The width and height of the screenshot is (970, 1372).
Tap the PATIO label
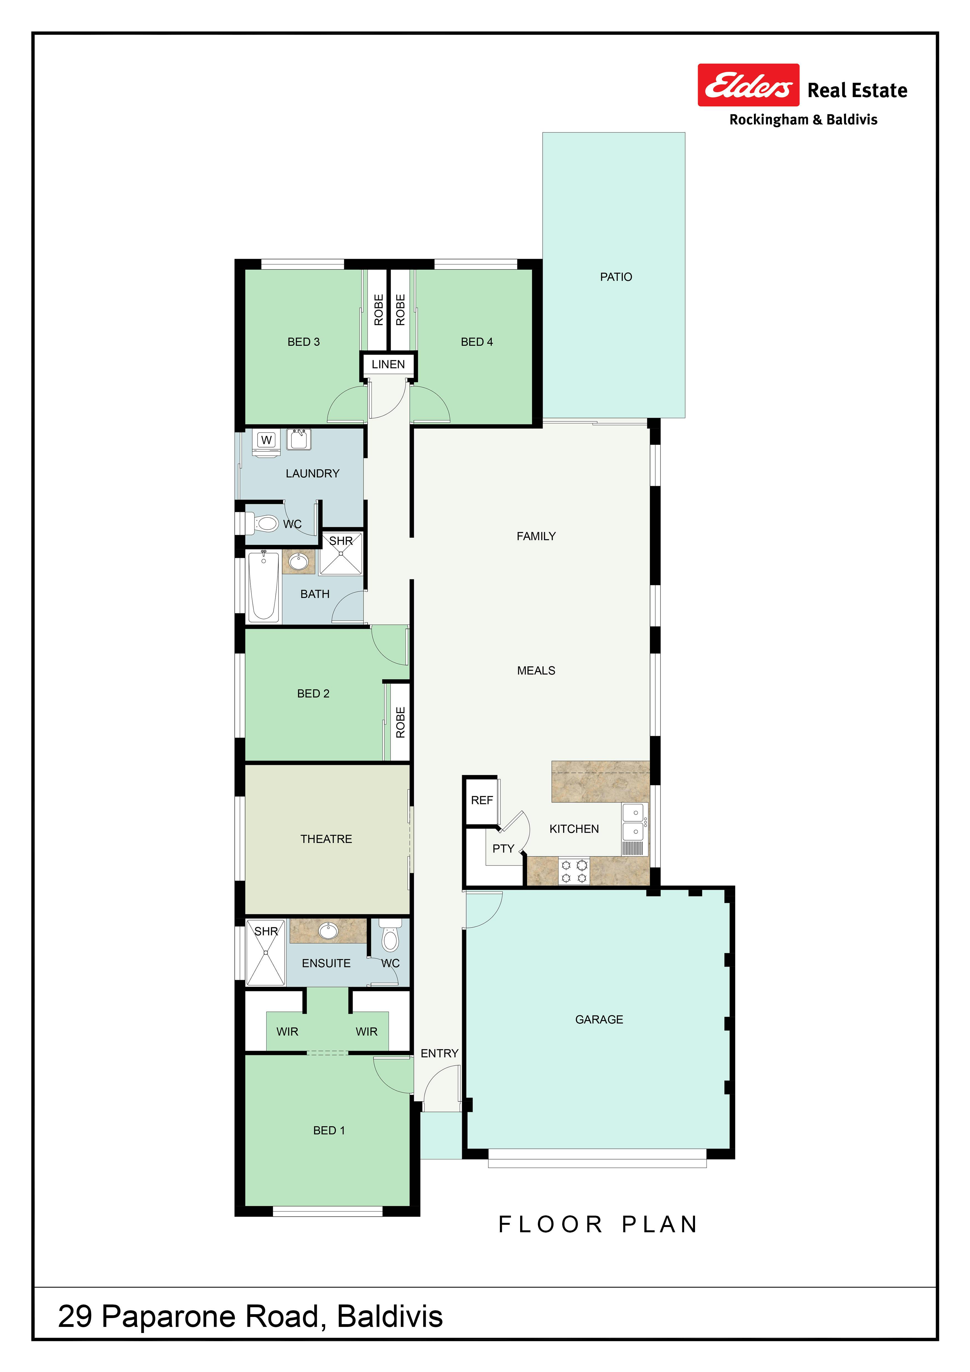[616, 277]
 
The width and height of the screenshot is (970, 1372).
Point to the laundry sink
[299, 439]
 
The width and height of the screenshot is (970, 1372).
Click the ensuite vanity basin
[328, 930]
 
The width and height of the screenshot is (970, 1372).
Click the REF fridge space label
[482, 800]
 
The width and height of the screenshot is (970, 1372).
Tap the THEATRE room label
[326, 839]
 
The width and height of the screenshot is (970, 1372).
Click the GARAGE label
[599, 1019]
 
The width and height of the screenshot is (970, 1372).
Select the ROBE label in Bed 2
[400, 722]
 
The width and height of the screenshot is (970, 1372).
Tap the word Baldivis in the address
[390, 1316]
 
